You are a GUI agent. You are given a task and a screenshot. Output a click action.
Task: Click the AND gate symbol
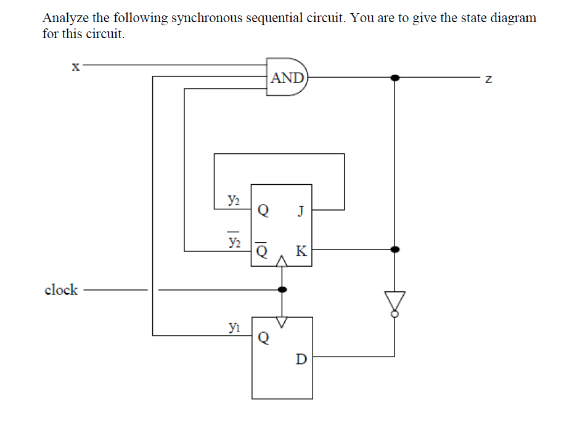tap(287, 78)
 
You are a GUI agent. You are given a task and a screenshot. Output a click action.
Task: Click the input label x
tap(75, 67)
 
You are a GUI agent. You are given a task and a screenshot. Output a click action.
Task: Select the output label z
tap(488, 78)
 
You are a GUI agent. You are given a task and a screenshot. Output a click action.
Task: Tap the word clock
tap(61, 289)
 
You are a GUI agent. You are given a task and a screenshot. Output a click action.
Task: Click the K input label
tap(301, 251)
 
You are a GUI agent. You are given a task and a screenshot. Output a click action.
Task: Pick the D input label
tap(300, 359)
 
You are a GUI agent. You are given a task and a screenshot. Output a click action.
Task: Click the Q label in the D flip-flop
tap(263, 339)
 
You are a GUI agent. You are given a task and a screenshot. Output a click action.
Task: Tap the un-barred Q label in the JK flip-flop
tap(263, 211)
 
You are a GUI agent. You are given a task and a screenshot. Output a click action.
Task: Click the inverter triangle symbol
tap(395, 301)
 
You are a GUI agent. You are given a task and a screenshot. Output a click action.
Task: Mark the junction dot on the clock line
tap(282, 289)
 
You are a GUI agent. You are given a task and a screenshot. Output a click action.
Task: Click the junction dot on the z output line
tap(395, 78)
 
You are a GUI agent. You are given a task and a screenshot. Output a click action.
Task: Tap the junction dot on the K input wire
tap(395, 249)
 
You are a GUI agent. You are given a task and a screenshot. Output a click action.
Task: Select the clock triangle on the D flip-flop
tap(282, 322)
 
